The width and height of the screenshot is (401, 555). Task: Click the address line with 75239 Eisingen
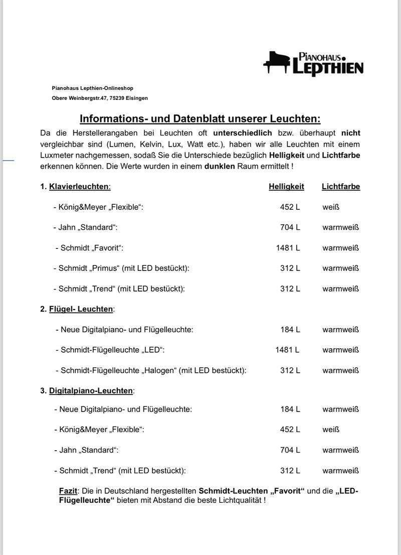[x=100, y=98]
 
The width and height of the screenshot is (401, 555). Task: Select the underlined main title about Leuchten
[x=200, y=118]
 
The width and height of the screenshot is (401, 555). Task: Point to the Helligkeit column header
[x=286, y=187]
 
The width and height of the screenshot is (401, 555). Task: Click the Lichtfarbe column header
[x=341, y=187]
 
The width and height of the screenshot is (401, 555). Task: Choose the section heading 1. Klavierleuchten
[x=76, y=187]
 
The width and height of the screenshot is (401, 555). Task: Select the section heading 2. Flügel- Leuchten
[x=78, y=309]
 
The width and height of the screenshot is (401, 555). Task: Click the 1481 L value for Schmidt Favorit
[x=288, y=248]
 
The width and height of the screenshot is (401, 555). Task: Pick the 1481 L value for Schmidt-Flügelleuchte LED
[x=287, y=350]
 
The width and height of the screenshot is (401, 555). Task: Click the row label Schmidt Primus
[x=121, y=268]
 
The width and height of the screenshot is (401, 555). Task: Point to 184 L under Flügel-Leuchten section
[x=290, y=330]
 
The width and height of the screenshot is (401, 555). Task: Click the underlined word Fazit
[x=68, y=491]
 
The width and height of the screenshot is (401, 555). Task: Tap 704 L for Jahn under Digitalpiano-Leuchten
[x=290, y=450]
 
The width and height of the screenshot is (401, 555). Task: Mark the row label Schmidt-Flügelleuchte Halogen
[x=151, y=370]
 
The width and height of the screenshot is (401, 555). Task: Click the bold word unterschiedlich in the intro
[x=242, y=133]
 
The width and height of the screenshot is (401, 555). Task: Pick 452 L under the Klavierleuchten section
[x=290, y=207]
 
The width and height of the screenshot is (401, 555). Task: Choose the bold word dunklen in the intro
[x=220, y=166]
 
